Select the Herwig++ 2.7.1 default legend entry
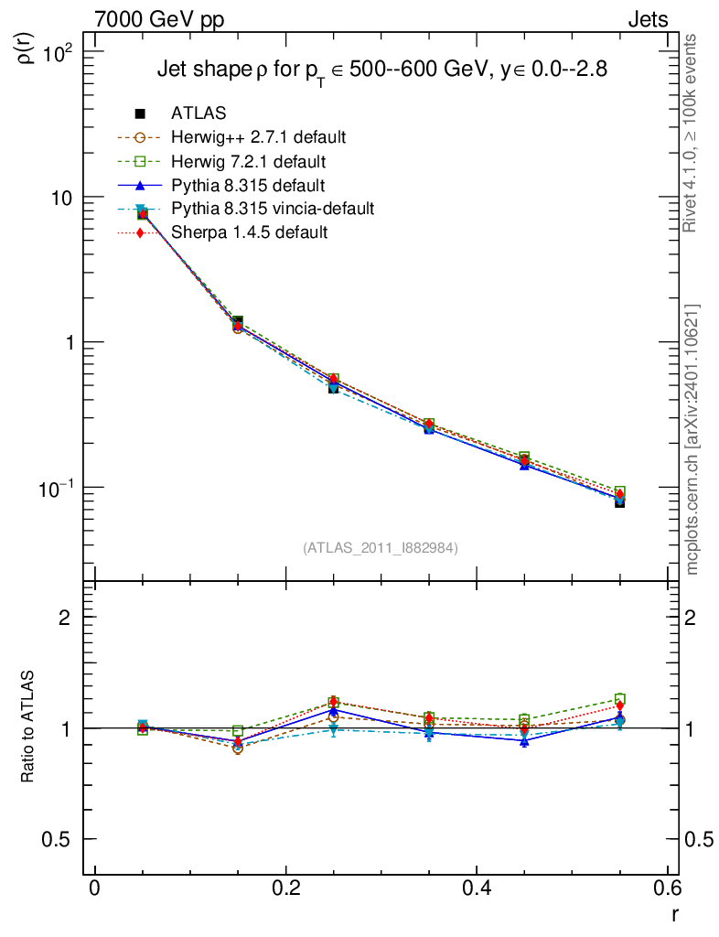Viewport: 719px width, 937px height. pyautogui.click(x=258, y=137)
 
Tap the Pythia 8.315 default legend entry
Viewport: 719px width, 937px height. pyautogui.click(x=248, y=185)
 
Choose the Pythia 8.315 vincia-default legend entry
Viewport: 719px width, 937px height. pyautogui.click(x=273, y=209)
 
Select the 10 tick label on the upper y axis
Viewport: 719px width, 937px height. pyautogui.click(x=65, y=199)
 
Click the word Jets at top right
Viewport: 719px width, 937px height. pyautogui.click(x=647, y=20)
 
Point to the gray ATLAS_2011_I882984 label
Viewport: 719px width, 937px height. pyautogui.click(x=381, y=547)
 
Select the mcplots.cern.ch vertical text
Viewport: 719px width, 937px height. pyautogui.click(x=692, y=439)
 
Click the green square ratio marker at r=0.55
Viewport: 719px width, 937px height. pyautogui.click(x=620, y=699)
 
